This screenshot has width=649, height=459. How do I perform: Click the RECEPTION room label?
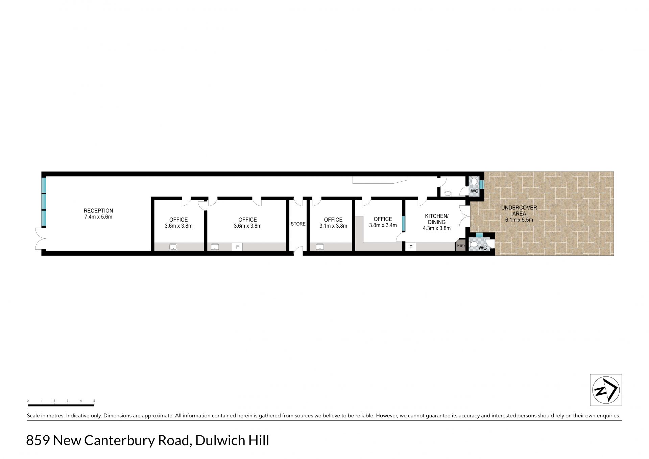pyautogui.click(x=98, y=211)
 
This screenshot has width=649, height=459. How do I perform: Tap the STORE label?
pyautogui.click(x=298, y=224)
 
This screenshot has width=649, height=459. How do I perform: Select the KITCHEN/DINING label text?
pyautogui.click(x=437, y=219)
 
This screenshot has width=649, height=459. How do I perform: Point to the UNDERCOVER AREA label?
pyautogui.click(x=519, y=210)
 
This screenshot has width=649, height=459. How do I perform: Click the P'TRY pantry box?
pyautogui.click(x=461, y=246)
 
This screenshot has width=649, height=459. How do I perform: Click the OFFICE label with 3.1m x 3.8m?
pyautogui.click(x=333, y=220)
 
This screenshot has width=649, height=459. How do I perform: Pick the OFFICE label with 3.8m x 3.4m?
pyautogui.click(x=383, y=219)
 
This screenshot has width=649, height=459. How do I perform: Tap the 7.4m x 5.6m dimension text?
pyautogui.click(x=98, y=217)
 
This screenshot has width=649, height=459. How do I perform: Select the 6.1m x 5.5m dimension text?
pyautogui.click(x=519, y=220)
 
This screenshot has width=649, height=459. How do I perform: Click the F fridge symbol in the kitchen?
pyautogui.click(x=411, y=247)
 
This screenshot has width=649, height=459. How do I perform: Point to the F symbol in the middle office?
pyautogui.click(x=238, y=247)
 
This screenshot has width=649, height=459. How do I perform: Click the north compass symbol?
pyautogui.click(x=606, y=390)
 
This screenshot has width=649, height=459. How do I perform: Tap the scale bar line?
pyautogui.click(x=61, y=405)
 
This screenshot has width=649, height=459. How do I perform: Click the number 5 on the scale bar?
pyautogui.click(x=94, y=401)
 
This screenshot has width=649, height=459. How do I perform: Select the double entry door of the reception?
pyautogui.click(x=40, y=238)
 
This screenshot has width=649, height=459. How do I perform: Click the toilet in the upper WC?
pyautogui.click(x=474, y=182)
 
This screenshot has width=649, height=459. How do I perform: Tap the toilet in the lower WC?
pyautogui.click(x=474, y=244)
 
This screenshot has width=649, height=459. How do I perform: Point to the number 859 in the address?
pyautogui.click(x=38, y=441)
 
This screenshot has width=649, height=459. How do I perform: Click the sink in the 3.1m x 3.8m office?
pyautogui.click(x=320, y=247)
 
